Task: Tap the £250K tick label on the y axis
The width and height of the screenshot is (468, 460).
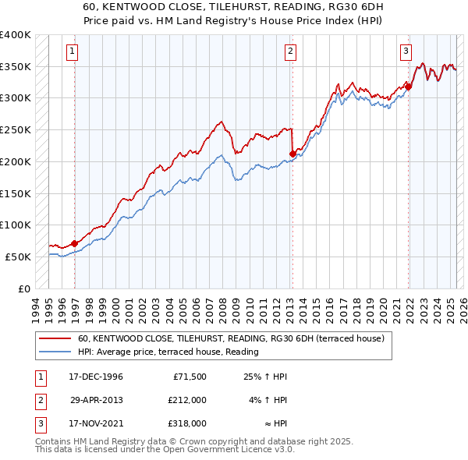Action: (16, 129)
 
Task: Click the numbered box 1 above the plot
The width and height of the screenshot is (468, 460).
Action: (72, 52)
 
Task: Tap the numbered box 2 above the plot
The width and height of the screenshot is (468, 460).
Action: (290, 52)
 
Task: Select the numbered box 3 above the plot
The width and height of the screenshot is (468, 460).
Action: (406, 52)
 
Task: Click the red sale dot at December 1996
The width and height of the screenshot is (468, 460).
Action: (74, 243)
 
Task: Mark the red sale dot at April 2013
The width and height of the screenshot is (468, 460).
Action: (292, 154)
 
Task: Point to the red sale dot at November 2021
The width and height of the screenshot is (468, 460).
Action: (408, 87)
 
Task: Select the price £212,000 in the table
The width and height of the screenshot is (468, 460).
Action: (187, 400)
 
